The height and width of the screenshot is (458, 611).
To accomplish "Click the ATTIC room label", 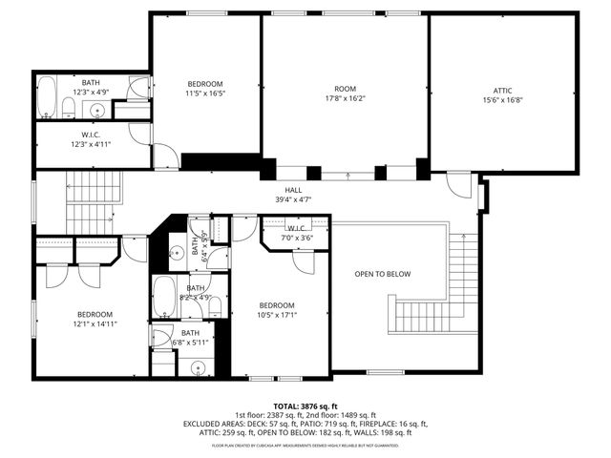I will [502, 91].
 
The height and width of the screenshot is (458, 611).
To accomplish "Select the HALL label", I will [293, 190].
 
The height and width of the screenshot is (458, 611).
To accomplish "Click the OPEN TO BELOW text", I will [382, 274].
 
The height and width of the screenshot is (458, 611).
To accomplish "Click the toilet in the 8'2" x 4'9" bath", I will [215, 306].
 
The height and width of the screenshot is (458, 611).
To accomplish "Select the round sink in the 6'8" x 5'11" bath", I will [198, 367].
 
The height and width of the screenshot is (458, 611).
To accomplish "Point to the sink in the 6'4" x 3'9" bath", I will [178, 254].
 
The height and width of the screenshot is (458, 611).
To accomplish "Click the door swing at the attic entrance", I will [459, 183].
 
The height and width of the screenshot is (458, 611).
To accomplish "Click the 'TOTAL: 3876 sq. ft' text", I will [305, 406].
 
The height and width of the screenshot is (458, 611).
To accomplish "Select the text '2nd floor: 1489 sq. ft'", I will [348, 414].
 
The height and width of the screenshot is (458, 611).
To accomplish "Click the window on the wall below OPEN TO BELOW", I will [386, 372].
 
